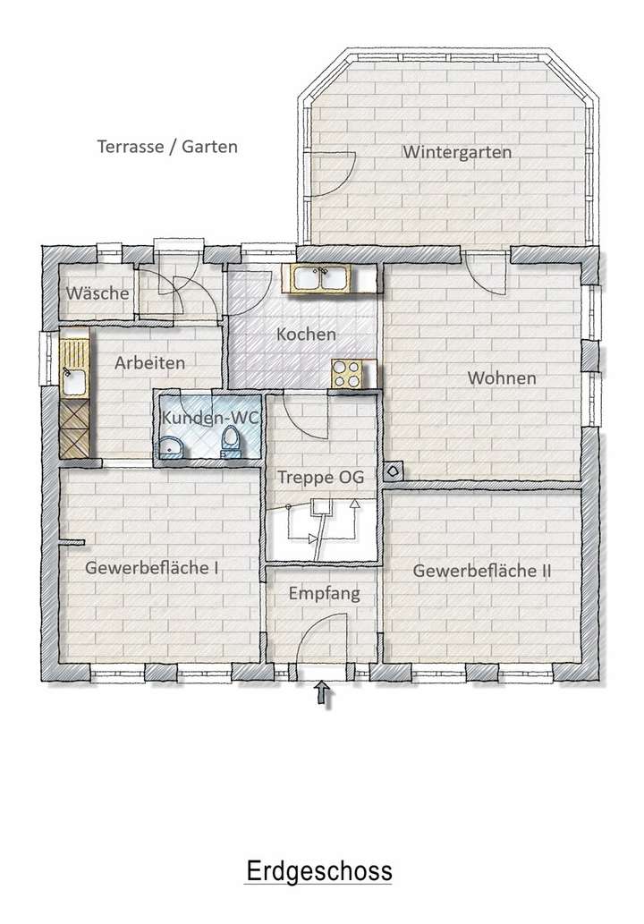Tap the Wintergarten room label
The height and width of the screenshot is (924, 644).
tap(456, 152)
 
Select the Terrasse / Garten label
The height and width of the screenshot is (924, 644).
tap(167, 146)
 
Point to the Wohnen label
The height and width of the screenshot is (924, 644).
tap(502, 378)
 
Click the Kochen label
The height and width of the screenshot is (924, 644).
tap(306, 335)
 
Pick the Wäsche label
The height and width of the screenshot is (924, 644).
tap(97, 293)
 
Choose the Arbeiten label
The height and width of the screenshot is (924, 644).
tap(150, 363)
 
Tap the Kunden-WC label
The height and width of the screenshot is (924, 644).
tap(209, 417)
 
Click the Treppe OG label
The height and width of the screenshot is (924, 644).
tap(320, 478)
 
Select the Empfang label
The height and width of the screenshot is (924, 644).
tap(324, 593)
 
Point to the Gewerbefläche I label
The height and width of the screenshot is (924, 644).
tap(153, 567)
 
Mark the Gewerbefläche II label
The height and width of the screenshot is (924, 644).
tap(482, 570)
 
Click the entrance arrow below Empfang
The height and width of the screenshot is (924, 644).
tap(324, 694)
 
